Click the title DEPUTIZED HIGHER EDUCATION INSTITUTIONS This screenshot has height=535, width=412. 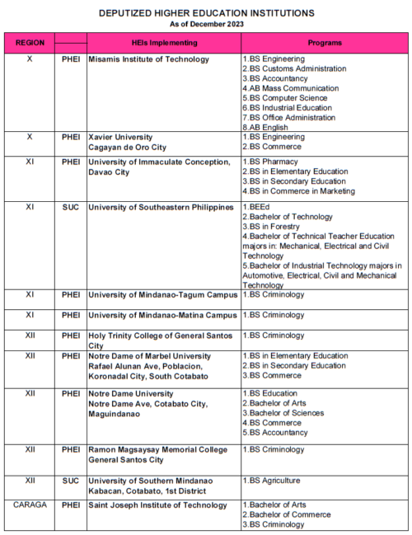pyautogui.click(x=206, y=13)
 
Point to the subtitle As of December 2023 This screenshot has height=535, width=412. pyautogui.click(x=206, y=24)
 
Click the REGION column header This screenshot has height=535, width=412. pyautogui.click(x=30, y=43)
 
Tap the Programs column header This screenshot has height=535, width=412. pyautogui.click(x=325, y=43)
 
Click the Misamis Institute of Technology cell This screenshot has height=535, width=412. pyautogui.click(x=148, y=59)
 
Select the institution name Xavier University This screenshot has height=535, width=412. pyautogui.click(x=121, y=137)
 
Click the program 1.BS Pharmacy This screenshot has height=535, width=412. pyautogui.click(x=270, y=162)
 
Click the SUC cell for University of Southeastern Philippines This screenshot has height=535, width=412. pyautogui.click(x=71, y=207)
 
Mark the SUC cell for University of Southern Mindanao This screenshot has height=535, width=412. pyautogui.click(x=71, y=481)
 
